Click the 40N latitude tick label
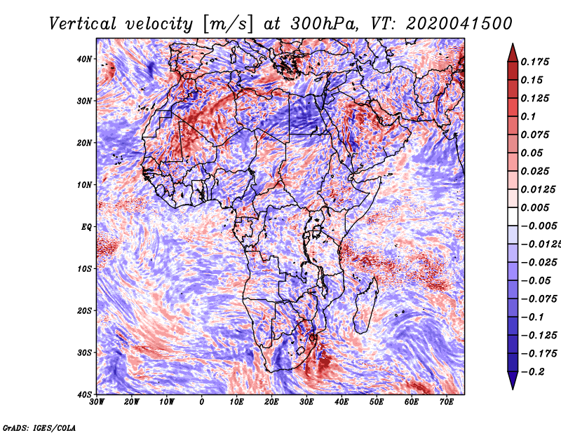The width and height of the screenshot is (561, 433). (x=83, y=59)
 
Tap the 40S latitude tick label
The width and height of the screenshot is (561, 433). (x=83, y=394)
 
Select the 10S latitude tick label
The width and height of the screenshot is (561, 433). (x=83, y=269)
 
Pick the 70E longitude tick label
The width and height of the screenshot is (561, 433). (x=447, y=403)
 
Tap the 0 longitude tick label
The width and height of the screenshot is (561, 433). (x=202, y=403)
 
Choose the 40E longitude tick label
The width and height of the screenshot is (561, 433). (x=342, y=403)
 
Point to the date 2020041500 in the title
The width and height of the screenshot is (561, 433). (x=448, y=23)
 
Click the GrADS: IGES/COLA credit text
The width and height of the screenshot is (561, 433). (x=39, y=427)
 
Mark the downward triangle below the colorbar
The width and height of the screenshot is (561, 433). (x=513, y=382)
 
